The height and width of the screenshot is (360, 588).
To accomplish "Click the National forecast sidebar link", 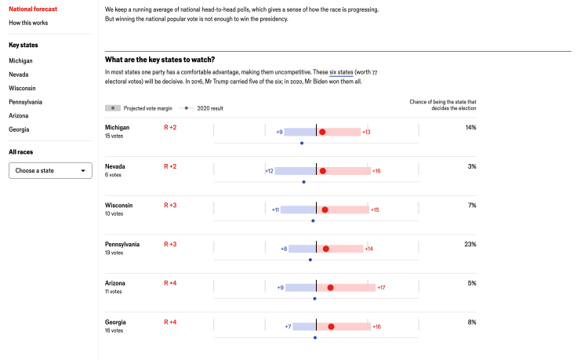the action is pos(33,9).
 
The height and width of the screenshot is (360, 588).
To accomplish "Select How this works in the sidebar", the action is pos(28,23).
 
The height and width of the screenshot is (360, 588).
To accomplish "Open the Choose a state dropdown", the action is pos(50,171).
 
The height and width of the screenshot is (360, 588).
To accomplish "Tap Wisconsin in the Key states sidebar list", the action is pos(22,88).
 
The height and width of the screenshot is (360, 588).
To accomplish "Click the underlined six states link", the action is pos(341,72).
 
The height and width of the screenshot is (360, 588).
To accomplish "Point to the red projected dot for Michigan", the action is pos(322,132).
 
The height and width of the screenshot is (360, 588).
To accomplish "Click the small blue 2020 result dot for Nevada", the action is pos(303,182).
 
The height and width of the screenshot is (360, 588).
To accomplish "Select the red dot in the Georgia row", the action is pos(331,326).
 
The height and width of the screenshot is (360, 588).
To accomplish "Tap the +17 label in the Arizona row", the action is pos(381,288).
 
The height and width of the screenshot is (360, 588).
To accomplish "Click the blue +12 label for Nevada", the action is pos(269,171).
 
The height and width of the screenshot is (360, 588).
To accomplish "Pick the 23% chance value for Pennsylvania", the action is pos(470,244).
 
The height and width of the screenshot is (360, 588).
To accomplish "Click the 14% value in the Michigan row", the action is pos(470,128).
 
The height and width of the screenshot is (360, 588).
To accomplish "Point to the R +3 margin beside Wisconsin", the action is pos(170,205).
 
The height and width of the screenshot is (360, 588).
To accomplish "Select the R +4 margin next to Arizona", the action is pos(170,283).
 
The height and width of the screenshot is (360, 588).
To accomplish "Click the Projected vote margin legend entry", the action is pos(139,108).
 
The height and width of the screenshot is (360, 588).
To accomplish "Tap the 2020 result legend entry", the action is pos(201,108).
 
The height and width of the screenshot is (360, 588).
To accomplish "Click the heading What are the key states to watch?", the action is pos(160,60).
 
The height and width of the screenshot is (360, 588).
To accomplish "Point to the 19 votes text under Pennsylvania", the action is pos(114,253).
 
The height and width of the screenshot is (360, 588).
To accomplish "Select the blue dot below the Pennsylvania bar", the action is pos(310,260).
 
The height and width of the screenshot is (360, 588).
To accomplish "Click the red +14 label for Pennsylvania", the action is pos(369,249).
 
